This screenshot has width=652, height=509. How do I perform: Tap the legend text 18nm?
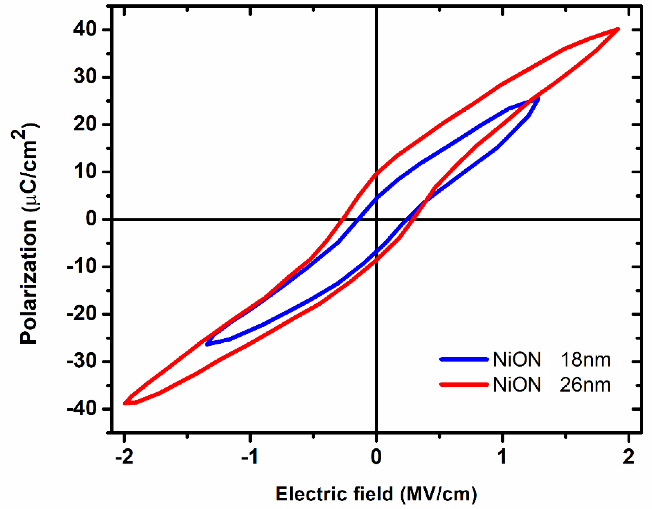[x=585, y=360]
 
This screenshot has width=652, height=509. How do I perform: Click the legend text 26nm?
[x=585, y=385]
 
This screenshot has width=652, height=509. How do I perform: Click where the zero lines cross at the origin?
[x=376, y=219]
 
